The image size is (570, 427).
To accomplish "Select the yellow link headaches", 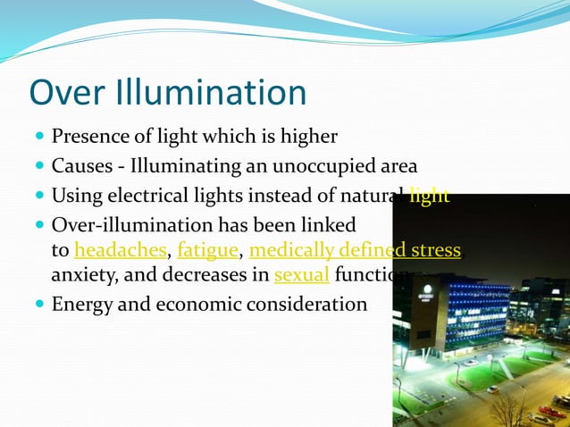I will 121,250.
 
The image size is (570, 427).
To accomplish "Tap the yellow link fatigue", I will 208,250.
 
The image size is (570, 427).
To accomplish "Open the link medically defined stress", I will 355,250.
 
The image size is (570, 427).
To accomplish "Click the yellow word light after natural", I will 430,195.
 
